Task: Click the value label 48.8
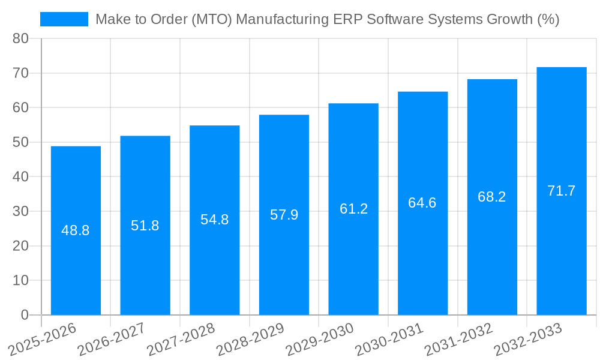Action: (x=76, y=230)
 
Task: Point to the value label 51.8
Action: (x=145, y=226)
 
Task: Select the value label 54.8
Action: (x=214, y=220)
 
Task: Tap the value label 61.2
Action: (x=353, y=209)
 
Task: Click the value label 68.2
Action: (x=492, y=197)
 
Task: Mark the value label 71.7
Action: (x=562, y=191)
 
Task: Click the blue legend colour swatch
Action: (x=64, y=19)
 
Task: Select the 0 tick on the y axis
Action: (x=25, y=315)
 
